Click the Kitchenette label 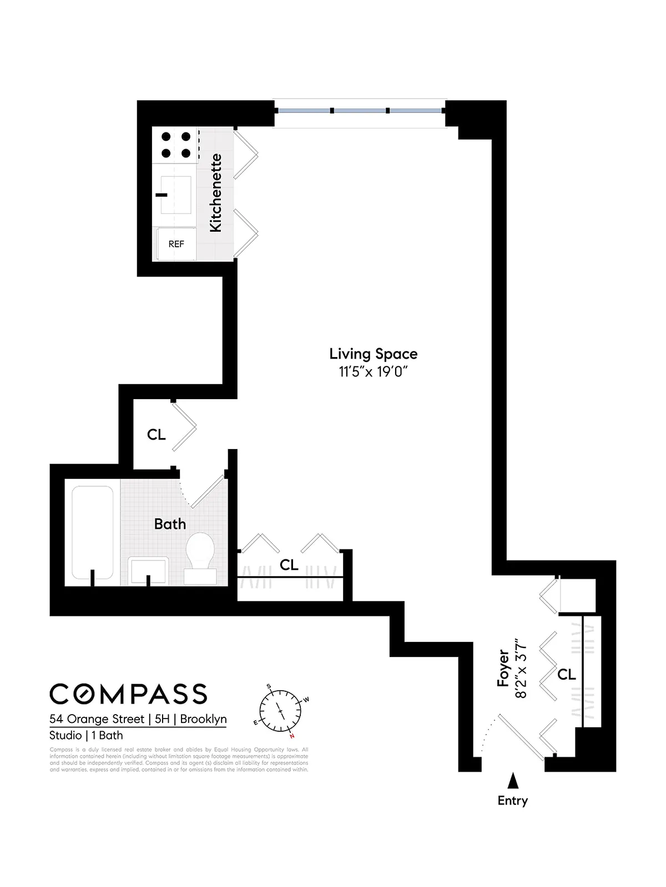tap(215, 193)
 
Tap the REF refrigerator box tap(176, 244)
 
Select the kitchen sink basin tap(175, 195)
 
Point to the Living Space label tap(373, 354)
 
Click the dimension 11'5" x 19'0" tap(373, 371)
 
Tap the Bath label tap(170, 524)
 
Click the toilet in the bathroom tap(200, 557)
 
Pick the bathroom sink tap(148, 570)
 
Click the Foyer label tap(503, 668)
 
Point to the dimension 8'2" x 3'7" tap(521, 668)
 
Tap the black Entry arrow tap(513, 781)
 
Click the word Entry tap(512, 801)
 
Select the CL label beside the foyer tap(567, 675)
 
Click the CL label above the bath tap(157, 435)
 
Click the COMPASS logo tap(128, 694)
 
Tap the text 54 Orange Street tap(97, 719)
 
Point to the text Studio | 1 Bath tap(86, 736)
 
